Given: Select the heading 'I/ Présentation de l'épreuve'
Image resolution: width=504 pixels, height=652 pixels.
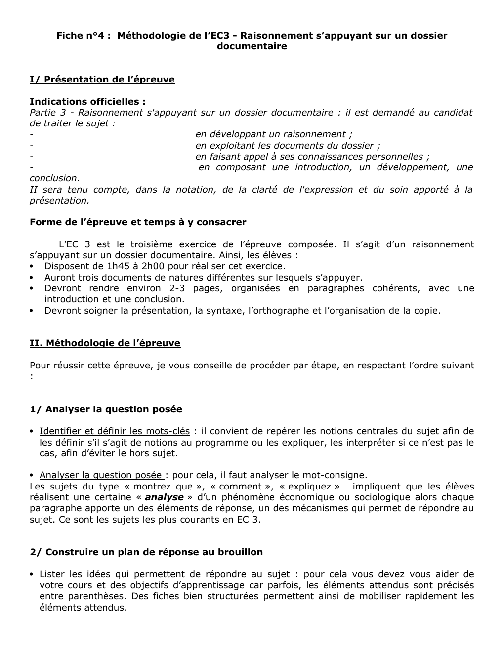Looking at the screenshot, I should click(x=102, y=80).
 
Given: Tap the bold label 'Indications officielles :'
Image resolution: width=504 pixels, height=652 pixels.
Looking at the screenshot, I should click(x=87, y=102).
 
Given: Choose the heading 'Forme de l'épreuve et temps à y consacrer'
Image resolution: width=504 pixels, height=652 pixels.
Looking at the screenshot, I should click(x=138, y=222).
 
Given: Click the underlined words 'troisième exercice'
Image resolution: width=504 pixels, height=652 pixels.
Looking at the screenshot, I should click(x=173, y=244).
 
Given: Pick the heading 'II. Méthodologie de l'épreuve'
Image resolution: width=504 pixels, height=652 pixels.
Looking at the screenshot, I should click(x=105, y=343).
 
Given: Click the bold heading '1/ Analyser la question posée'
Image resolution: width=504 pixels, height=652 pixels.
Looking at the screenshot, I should click(x=106, y=409).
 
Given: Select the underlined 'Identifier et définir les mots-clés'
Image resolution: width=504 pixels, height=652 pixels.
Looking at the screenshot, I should click(x=115, y=432).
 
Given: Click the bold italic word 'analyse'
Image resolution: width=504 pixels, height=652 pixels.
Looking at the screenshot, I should click(x=164, y=497).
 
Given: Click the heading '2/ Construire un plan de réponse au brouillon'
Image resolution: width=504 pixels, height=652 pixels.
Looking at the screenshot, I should click(x=146, y=552).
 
